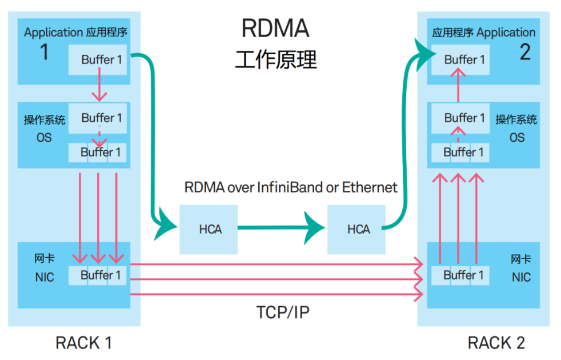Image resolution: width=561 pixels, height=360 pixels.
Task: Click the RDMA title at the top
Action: click(275, 29)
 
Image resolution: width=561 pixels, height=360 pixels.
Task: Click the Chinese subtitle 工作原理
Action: click(275, 59)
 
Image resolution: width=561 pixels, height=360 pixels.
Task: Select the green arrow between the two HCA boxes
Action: click(280, 228)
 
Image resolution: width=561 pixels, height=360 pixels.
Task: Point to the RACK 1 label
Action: click(83, 342)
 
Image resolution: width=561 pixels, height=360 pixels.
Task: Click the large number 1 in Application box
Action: click(44, 53)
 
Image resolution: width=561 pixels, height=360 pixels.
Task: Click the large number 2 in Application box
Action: click(524, 53)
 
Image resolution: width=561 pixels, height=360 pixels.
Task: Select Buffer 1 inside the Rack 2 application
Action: click(464, 59)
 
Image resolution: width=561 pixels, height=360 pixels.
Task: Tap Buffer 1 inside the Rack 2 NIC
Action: click(463, 275)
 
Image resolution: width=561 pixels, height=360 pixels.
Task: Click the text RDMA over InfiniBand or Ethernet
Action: click(291, 187)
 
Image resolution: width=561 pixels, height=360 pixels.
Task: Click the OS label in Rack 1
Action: click(44, 138)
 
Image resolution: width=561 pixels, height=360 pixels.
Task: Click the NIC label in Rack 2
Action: click(520, 277)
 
